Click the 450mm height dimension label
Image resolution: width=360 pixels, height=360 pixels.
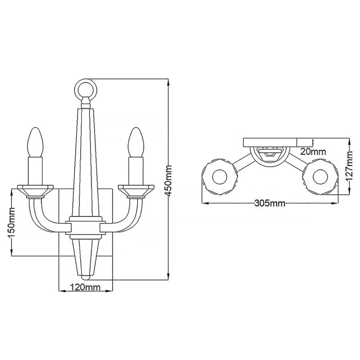click(x=168, y=181)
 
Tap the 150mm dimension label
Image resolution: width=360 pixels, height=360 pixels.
click(x=12, y=223)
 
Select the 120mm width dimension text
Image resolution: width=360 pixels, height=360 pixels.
click(x=85, y=287)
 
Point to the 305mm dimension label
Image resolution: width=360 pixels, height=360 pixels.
click(x=270, y=203)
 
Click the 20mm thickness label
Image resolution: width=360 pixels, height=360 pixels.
click(x=313, y=152)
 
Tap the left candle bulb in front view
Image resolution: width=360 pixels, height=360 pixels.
click(x=36, y=142)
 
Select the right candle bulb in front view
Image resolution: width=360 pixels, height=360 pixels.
click(x=136, y=142)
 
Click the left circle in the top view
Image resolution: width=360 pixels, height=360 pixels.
click(x=220, y=177)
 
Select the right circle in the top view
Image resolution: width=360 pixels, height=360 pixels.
click(x=320, y=177)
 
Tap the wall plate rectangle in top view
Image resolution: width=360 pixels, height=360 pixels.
click(x=270, y=142)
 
